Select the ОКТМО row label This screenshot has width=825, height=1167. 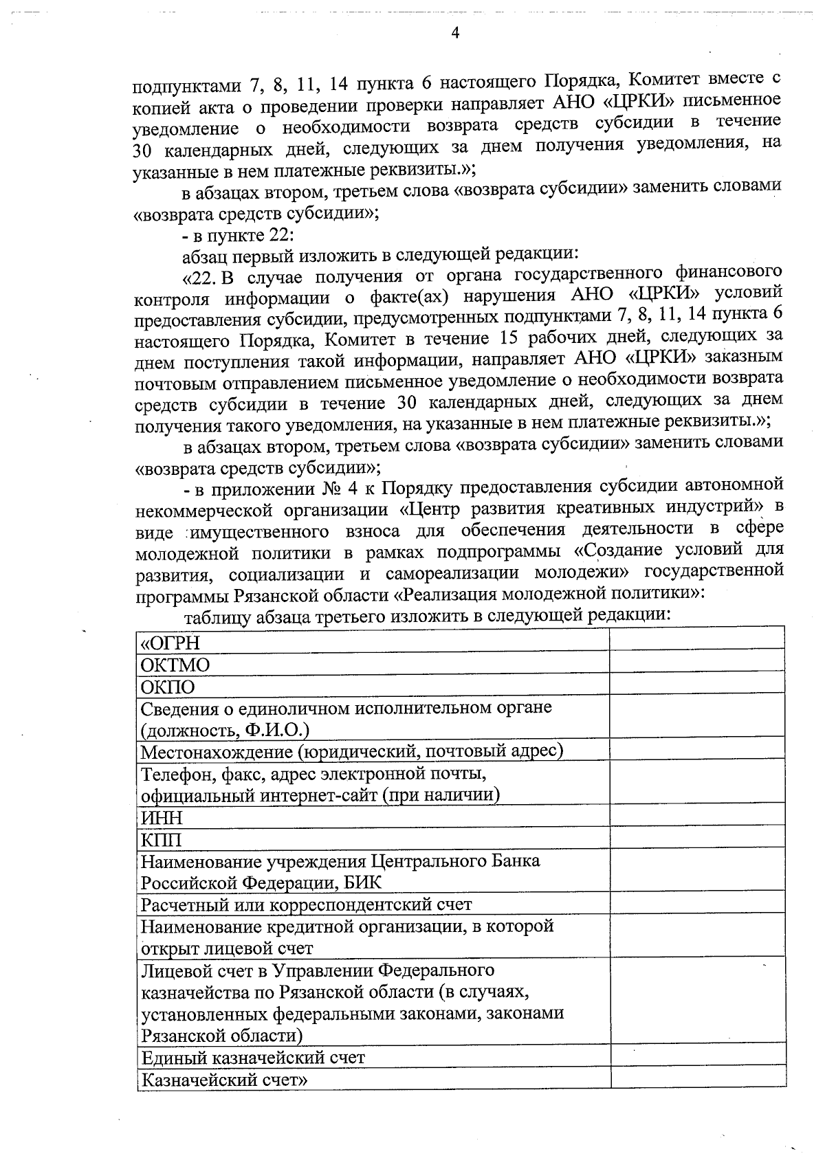(175, 665)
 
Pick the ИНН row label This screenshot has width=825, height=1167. (162, 818)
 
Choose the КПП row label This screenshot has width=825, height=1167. (161, 840)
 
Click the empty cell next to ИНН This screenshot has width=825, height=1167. (697, 815)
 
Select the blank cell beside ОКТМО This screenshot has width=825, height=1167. (697, 661)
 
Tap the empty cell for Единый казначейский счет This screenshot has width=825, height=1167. (697, 1055)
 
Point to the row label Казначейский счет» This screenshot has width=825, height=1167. (223, 1079)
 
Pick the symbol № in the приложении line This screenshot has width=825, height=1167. (327, 487)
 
